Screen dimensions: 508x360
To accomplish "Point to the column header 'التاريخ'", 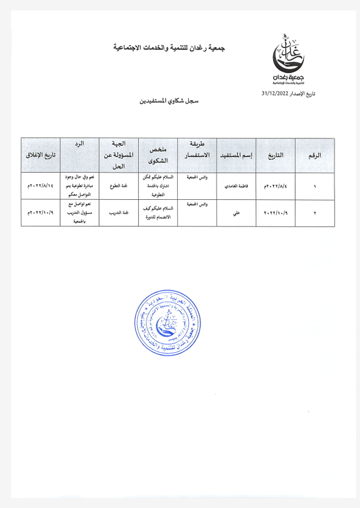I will click(x=274, y=156).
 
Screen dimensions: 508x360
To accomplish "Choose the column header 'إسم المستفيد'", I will click(x=235, y=156).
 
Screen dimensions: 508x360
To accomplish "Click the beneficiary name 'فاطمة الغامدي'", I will click(x=236, y=187).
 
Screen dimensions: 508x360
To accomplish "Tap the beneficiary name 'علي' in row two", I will click(x=236, y=213).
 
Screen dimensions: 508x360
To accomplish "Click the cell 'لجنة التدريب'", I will click(x=119, y=213).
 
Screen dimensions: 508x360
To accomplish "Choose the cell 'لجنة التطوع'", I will click(x=119, y=187).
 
